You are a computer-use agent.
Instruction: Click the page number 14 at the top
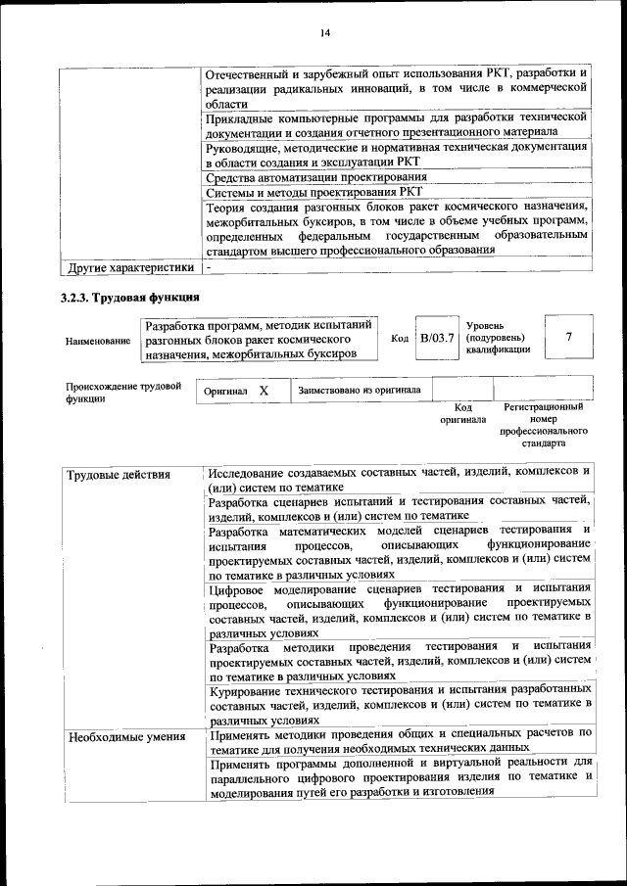point(324,34)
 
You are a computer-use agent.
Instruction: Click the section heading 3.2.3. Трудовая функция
point(130,297)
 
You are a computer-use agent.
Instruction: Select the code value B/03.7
point(436,338)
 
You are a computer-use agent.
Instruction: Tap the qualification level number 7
point(569,337)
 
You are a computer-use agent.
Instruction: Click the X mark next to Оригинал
point(264,391)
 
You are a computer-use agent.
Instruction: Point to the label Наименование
point(97,341)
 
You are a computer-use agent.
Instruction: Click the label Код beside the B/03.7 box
point(400,338)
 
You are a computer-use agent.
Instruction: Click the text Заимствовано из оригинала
point(360,391)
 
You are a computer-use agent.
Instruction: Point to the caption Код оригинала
point(463,413)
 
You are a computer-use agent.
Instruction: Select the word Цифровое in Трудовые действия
point(240,587)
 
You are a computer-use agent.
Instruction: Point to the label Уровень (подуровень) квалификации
point(499,336)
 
